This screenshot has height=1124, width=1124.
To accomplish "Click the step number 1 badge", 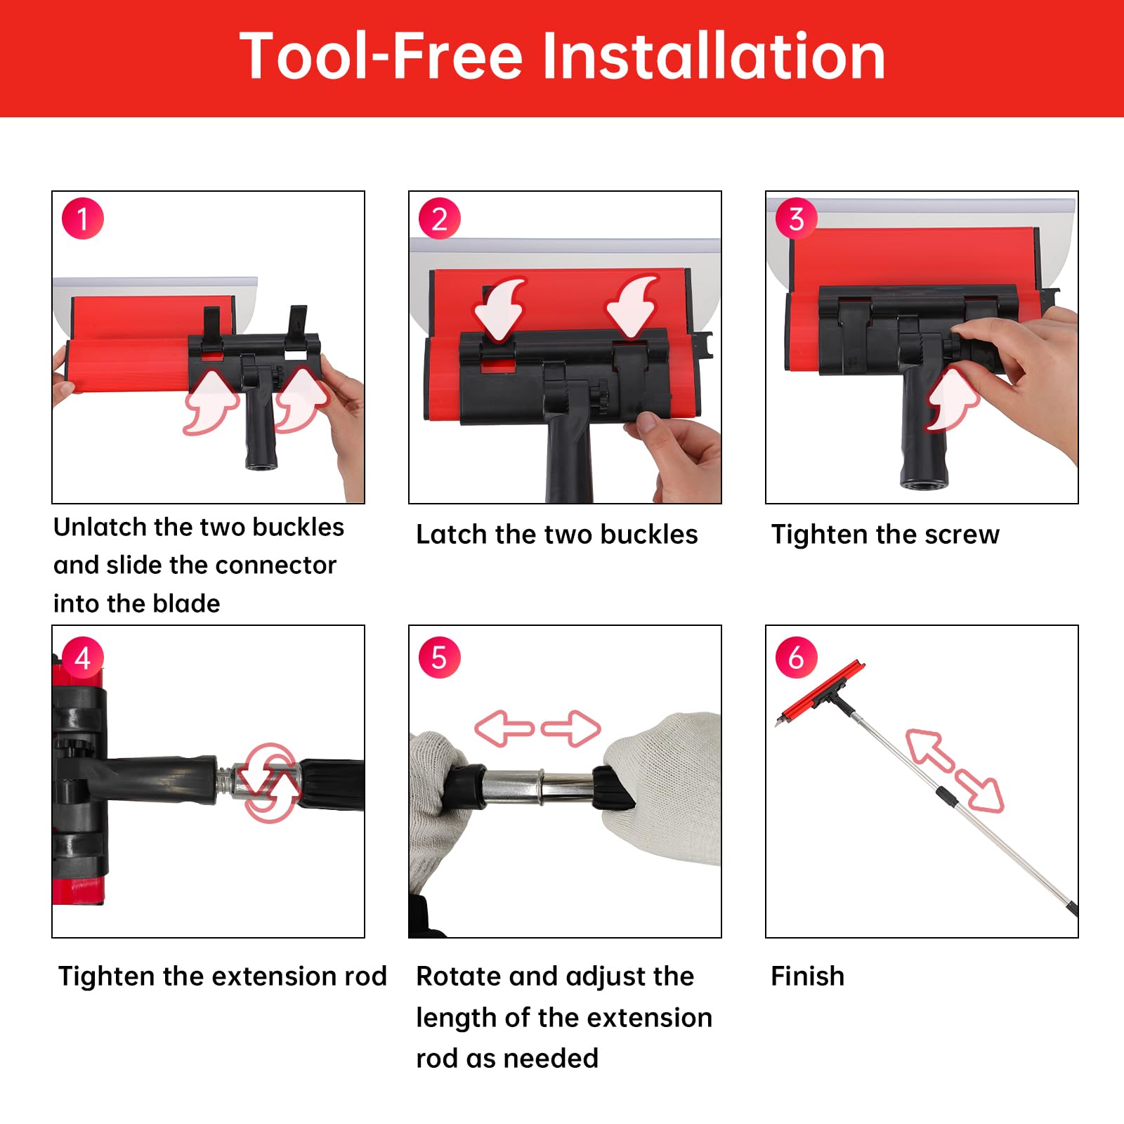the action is (x=83, y=218).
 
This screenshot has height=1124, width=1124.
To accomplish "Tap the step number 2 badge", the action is (x=440, y=218).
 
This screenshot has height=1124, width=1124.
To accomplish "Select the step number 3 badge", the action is (x=797, y=218).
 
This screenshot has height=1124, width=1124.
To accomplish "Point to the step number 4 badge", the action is (x=83, y=658).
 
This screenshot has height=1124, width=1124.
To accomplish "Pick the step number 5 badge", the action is (x=440, y=658).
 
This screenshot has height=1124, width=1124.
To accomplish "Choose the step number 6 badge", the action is (x=797, y=658).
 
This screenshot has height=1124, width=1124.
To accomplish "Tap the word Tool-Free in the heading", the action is (x=381, y=56).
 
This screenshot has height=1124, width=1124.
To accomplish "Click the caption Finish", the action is (x=808, y=976).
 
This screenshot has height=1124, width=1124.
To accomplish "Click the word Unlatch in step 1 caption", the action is (x=100, y=527).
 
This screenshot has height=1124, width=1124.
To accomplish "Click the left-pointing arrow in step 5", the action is (x=504, y=728).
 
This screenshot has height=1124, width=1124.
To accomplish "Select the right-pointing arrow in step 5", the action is (x=571, y=728).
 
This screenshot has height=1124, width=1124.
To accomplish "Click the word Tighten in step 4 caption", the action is (x=106, y=977).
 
